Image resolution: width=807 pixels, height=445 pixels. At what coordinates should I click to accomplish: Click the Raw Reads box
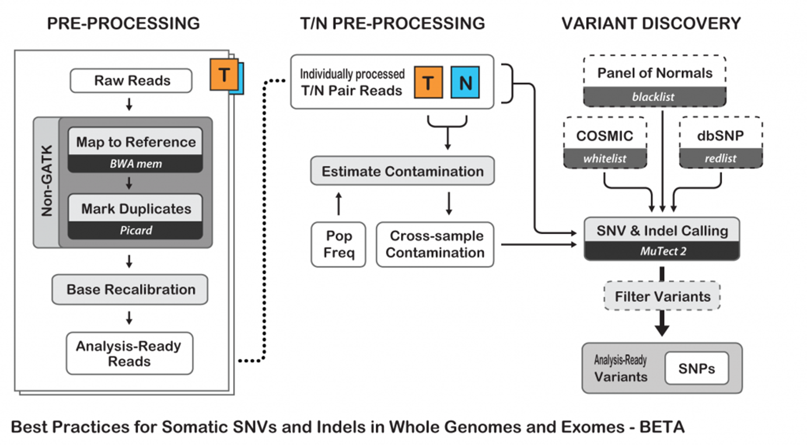click(131, 81)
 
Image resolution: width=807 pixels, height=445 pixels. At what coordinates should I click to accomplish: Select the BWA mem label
click(136, 164)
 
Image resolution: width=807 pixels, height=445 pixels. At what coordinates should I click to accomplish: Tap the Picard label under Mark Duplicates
click(136, 230)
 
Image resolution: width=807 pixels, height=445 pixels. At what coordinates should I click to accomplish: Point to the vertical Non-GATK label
click(47, 181)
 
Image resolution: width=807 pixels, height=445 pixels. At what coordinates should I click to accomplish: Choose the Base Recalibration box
click(130, 289)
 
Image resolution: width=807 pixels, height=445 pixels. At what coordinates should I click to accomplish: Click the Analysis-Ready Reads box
click(129, 353)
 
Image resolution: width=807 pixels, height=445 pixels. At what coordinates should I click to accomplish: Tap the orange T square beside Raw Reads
click(224, 75)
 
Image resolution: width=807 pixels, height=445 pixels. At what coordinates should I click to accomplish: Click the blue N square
click(465, 82)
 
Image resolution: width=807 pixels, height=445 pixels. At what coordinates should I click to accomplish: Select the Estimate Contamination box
click(402, 171)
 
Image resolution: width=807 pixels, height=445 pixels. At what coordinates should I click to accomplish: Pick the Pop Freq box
click(338, 244)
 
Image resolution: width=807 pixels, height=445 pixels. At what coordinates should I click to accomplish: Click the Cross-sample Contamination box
click(435, 244)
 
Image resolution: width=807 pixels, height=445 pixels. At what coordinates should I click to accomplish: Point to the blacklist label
click(654, 97)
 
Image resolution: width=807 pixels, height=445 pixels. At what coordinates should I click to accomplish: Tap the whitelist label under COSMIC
click(605, 158)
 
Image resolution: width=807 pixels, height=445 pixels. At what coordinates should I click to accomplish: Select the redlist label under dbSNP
click(720, 158)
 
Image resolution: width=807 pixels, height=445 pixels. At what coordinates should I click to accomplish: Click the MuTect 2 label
click(662, 251)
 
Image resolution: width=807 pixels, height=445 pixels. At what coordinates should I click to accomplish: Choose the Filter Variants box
click(662, 296)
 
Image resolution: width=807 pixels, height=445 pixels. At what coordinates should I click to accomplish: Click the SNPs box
click(697, 368)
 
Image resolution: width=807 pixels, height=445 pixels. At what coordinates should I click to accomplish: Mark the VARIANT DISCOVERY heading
click(651, 24)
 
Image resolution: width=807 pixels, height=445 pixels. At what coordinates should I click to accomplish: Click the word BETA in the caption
click(662, 427)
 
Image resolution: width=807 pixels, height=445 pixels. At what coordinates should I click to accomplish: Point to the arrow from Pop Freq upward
click(339, 204)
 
